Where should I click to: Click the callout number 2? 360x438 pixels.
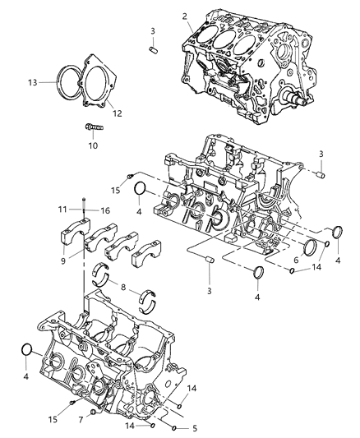[185, 16]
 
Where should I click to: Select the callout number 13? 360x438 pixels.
[32, 82]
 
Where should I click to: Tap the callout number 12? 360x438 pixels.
[117, 113]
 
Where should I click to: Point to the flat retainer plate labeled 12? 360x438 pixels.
[99, 82]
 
